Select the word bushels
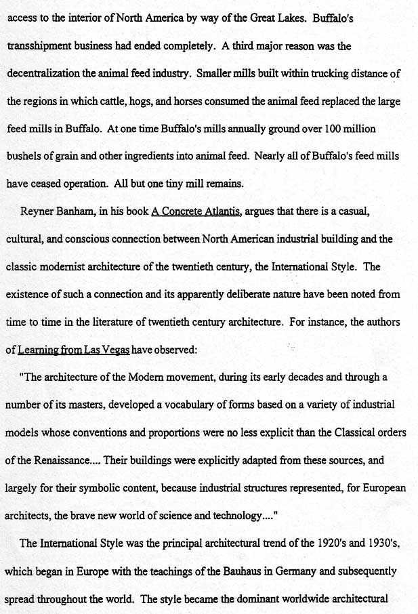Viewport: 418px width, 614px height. point(24,156)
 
